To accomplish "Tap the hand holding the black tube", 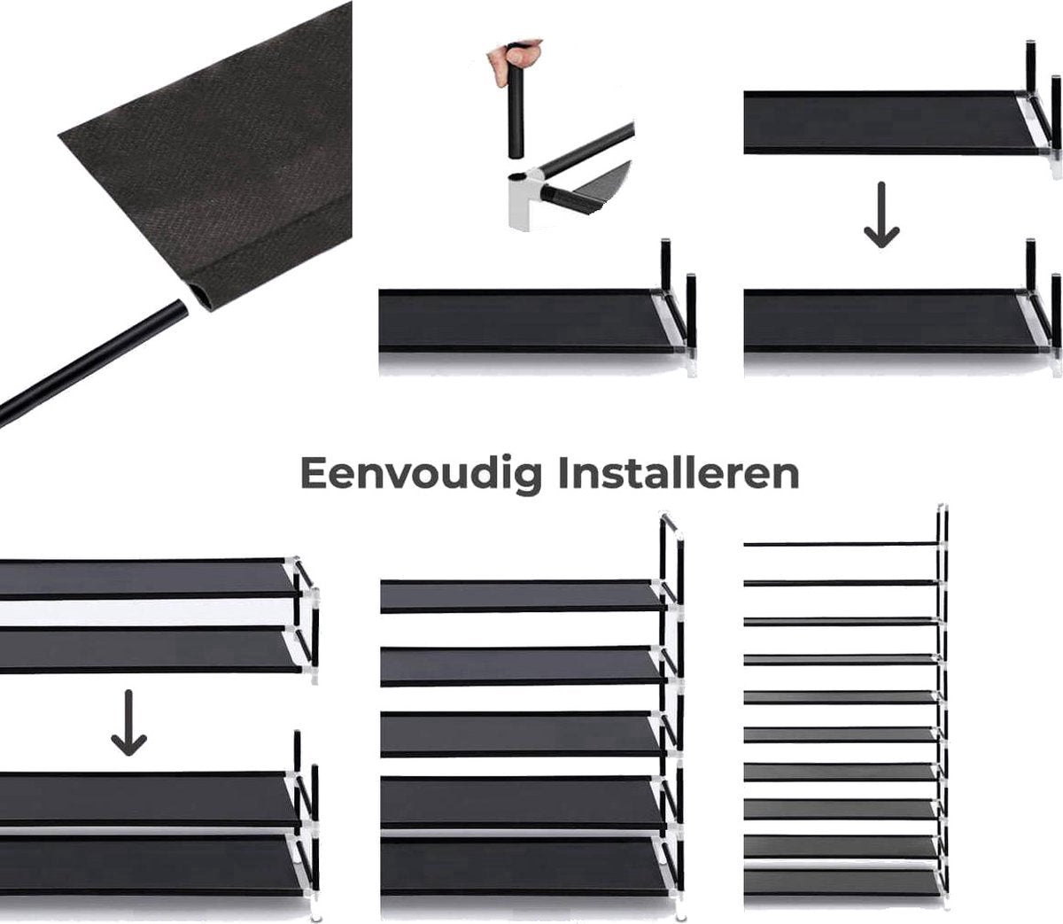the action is point(515,59).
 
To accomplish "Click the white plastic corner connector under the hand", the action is point(526,200).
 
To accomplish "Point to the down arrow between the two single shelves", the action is point(881,214).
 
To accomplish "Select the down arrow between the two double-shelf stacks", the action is point(128,723).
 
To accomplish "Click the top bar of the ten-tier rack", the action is point(842,544).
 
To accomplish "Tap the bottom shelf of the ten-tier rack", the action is point(842,882).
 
